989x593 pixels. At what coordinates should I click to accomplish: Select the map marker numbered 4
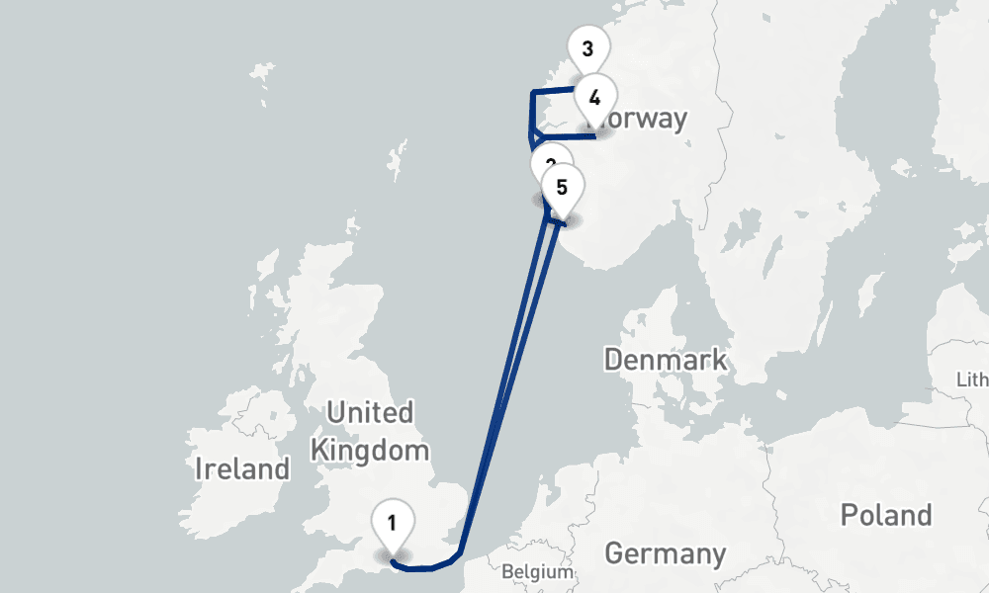pyautogui.click(x=594, y=99)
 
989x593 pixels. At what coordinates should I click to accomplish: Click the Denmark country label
pyautogui.click(x=665, y=360)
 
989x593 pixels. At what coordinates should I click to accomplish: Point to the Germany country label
pyautogui.click(x=665, y=553)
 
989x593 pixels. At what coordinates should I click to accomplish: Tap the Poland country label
pyautogui.click(x=885, y=515)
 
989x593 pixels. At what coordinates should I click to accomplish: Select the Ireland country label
pyautogui.click(x=242, y=468)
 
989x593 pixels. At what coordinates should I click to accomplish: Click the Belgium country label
pyautogui.click(x=537, y=571)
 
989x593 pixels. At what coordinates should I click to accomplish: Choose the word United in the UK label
pyautogui.click(x=369, y=412)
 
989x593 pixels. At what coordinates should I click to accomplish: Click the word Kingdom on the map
pyautogui.click(x=370, y=451)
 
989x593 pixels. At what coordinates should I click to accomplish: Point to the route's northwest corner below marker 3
pyautogui.click(x=533, y=93)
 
